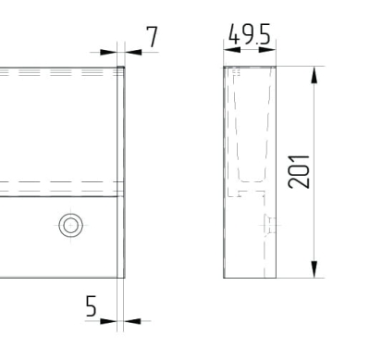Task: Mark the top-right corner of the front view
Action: [125, 67]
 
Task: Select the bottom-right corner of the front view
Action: [125, 277]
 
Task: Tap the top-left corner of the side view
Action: [226, 67]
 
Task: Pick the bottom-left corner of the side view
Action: [226, 277]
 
